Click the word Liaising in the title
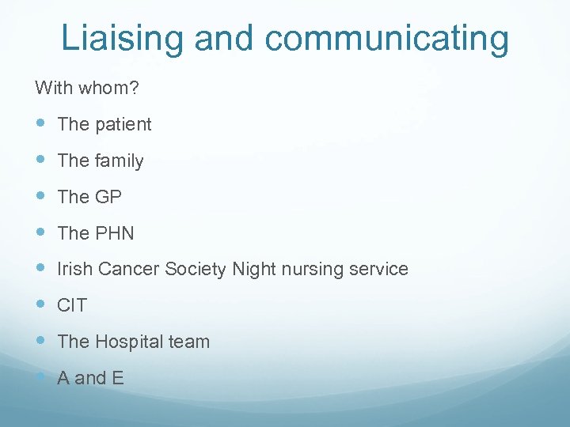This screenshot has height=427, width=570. [119, 38]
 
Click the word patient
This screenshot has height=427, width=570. [123, 124]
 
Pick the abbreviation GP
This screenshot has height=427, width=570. [108, 197]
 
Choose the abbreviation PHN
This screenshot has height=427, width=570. [115, 233]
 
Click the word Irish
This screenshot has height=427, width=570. [75, 269]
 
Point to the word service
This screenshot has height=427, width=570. [378, 269]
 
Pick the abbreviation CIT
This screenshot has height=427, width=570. [72, 305]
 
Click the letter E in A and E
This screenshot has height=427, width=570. [118, 378]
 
